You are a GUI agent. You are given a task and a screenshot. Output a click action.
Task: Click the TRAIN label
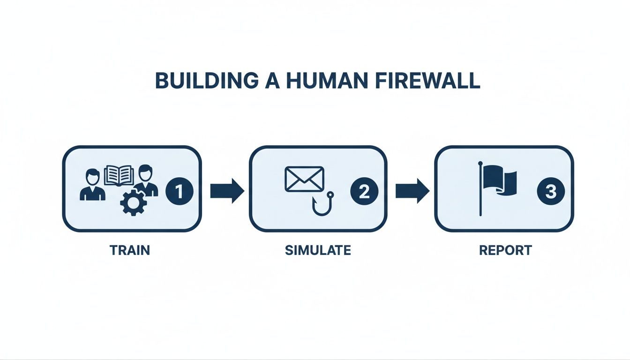130,250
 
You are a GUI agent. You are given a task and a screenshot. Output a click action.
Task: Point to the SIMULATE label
318,250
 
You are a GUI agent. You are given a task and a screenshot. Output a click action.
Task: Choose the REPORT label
505,250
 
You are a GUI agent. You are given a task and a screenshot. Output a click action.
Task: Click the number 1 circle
179,191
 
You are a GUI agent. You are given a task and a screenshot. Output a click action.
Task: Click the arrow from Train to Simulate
227,191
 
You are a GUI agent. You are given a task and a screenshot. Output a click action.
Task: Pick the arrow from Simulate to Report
412,191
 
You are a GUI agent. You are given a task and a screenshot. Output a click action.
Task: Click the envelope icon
304,179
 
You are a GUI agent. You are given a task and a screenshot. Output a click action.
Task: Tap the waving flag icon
500,182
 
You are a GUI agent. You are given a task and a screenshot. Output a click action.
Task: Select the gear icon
134,202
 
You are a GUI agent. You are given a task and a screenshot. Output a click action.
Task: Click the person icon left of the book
92,186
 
